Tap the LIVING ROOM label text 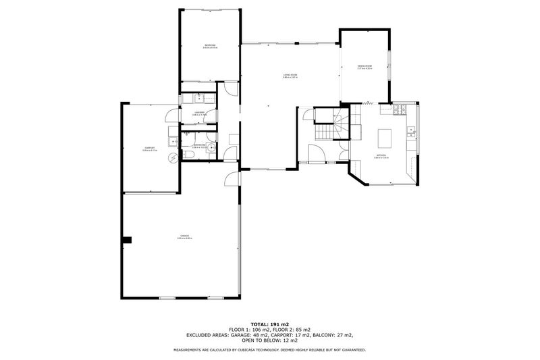(290, 75)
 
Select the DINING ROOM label (365, 66)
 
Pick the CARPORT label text (149, 148)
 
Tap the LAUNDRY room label (199, 112)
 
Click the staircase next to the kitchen (330, 125)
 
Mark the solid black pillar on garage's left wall (128, 239)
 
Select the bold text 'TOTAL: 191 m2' (269, 324)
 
